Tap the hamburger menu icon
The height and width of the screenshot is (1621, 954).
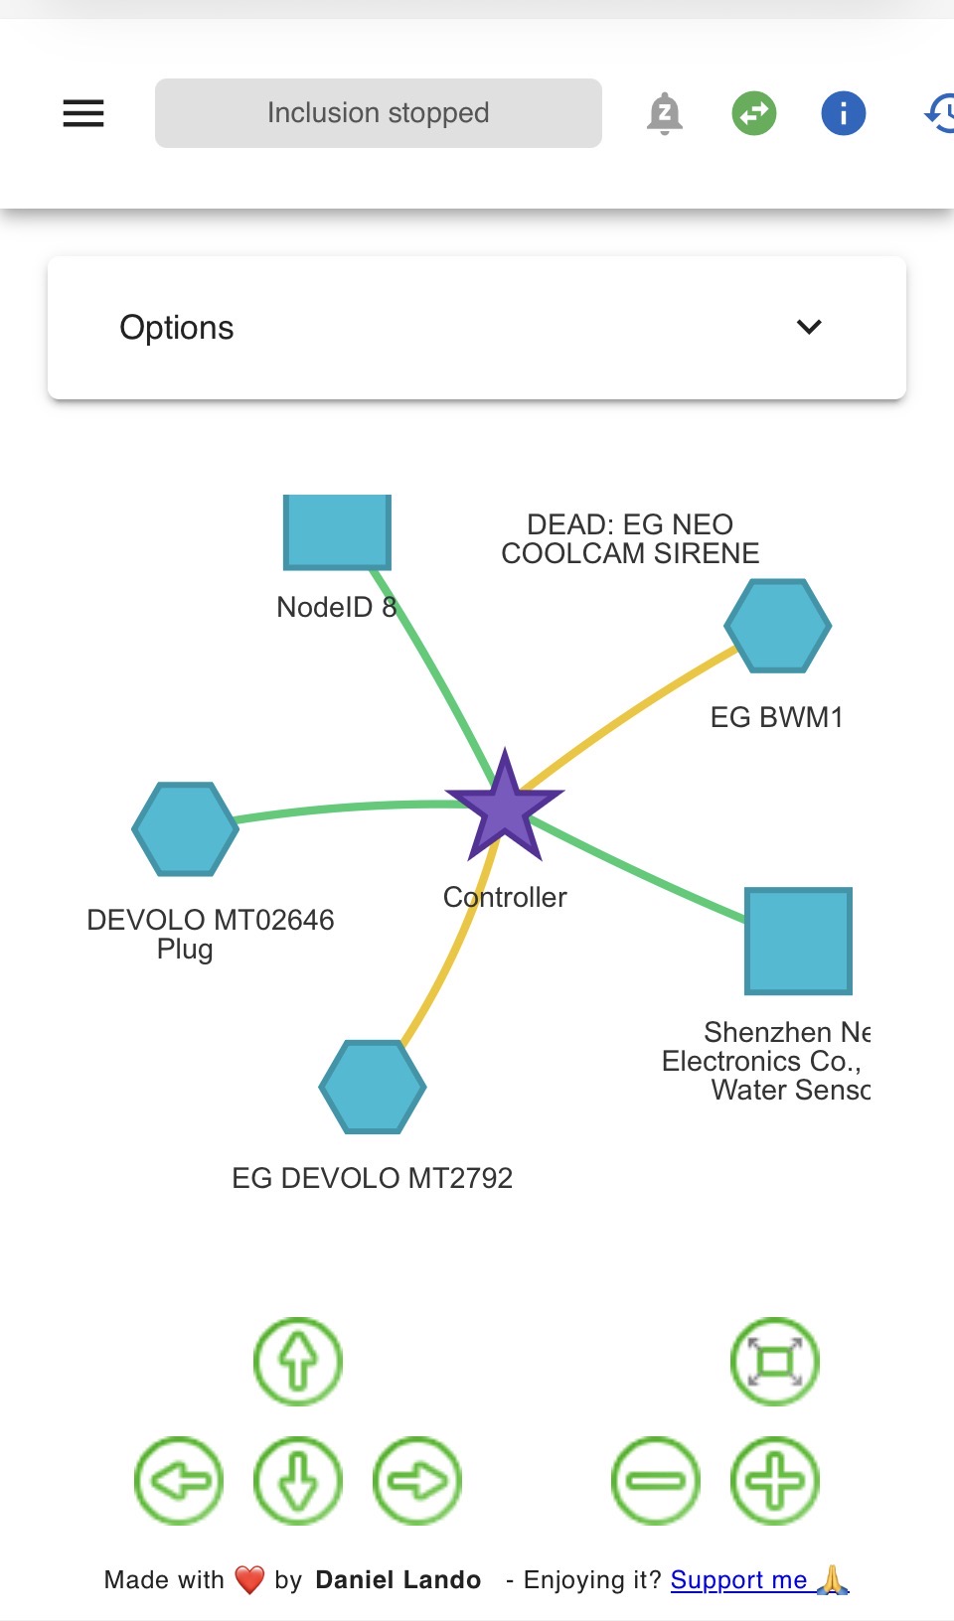(x=83, y=113)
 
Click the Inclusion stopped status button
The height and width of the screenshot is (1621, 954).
(x=378, y=113)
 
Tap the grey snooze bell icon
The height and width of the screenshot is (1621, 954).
(x=664, y=113)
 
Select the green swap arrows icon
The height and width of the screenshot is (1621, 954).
(x=754, y=113)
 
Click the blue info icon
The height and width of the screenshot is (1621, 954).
(x=843, y=113)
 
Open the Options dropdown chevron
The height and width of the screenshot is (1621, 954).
(x=809, y=327)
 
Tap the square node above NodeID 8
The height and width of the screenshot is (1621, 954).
(x=337, y=531)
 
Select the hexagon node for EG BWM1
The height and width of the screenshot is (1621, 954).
(x=777, y=626)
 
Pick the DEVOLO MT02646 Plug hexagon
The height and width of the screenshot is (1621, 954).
(x=185, y=828)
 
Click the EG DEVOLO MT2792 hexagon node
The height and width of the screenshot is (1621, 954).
(x=373, y=1087)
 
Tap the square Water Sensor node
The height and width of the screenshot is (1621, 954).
(x=798, y=941)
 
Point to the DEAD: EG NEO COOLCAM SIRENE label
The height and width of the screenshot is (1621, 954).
(x=630, y=538)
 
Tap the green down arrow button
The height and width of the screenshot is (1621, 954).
(x=298, y=1480)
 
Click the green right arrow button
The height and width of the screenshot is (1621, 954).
(x=417, y=1480)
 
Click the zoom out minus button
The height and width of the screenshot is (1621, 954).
(x=656, y=1480)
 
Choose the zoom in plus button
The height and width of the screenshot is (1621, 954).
(x=775, y=1480)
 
